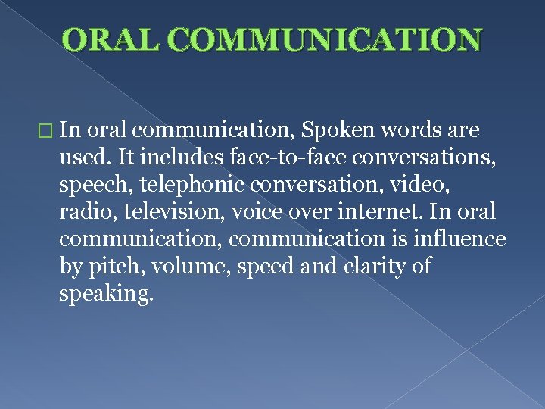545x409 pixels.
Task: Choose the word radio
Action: (x=83, y=213)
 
